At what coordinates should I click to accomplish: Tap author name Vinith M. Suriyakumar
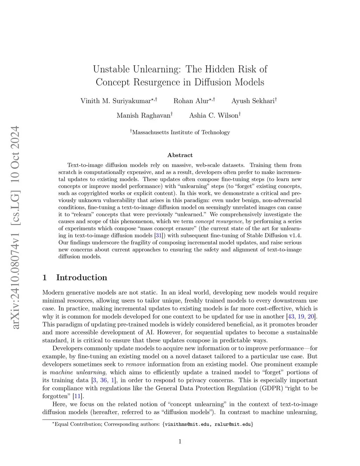tap(116, 101)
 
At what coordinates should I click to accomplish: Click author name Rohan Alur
tap(191, 101)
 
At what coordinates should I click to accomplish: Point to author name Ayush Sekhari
tap(253, 101)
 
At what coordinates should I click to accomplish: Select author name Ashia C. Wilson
tap(213, 115)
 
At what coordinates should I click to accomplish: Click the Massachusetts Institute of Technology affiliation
tap(181, 132)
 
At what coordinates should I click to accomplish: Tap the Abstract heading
tap(180, 155)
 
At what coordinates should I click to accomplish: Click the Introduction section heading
tap(82, 277)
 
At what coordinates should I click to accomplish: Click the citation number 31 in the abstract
tap(159, 235)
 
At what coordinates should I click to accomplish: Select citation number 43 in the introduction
tap(291, 316)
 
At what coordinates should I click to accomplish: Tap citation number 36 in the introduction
tap(103, 380)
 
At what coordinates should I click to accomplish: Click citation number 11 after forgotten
tap(77, 396)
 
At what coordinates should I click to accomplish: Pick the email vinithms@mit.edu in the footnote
tap(187, 424)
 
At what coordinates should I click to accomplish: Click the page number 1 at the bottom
tap(180, 442)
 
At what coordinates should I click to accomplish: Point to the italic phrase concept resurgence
tap(219, 221)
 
